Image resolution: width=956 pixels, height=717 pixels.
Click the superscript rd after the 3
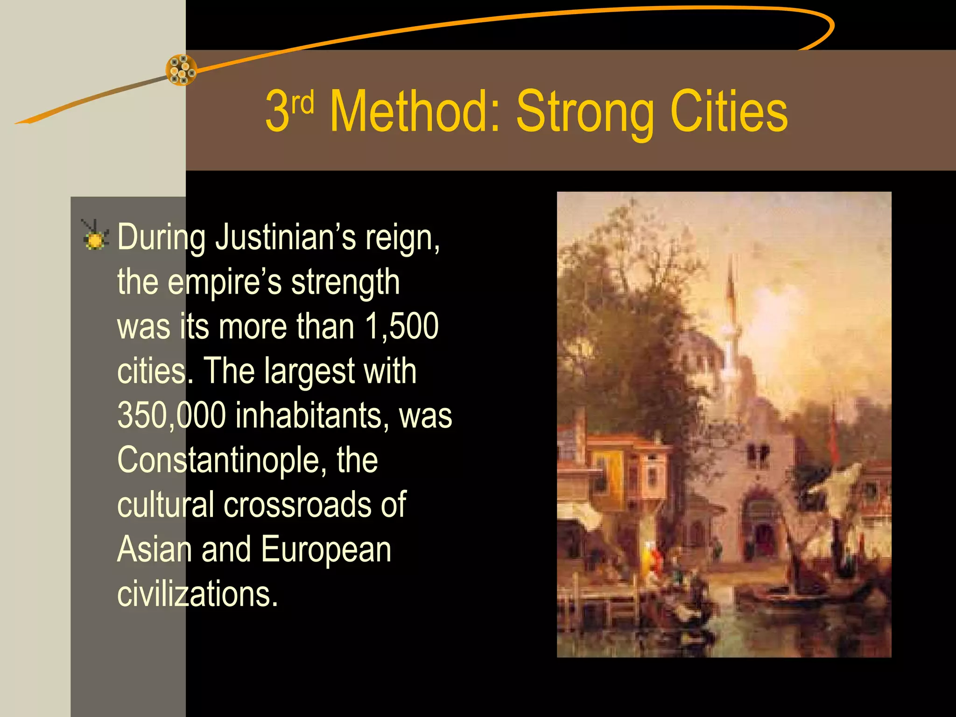pyautogui.click(x=302, y=103)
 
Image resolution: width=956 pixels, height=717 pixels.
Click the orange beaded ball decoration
pyautogui.click(x=182, y=70)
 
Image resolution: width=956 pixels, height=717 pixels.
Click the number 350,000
pyautogui.click(x=171, y=415)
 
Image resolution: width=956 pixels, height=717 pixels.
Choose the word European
pyautogui.click(x=326, y=550)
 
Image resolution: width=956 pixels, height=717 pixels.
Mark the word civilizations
pyautogui.click(x=197, y=594)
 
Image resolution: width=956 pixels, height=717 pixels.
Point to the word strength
pyautogui.click(x=345, y=282)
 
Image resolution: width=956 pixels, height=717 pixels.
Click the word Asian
pyautogui.click(x=154, y=550)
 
